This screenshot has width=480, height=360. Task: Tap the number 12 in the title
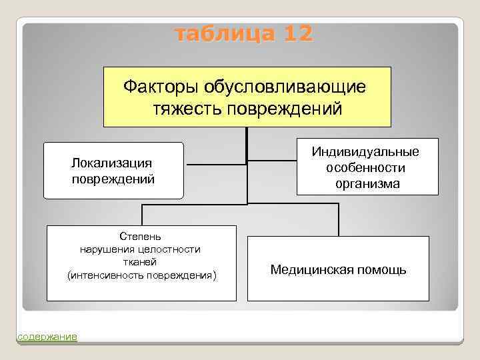295,33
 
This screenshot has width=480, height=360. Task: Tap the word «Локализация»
113,163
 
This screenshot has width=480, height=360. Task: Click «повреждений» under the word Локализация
113,179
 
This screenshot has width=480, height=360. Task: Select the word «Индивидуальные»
365,152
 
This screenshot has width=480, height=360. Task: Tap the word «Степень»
140,237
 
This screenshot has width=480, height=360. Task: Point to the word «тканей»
140,262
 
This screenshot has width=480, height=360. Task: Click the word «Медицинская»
313,270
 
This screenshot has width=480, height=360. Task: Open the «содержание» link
47,337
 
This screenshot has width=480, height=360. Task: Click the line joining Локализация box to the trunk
215,163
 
